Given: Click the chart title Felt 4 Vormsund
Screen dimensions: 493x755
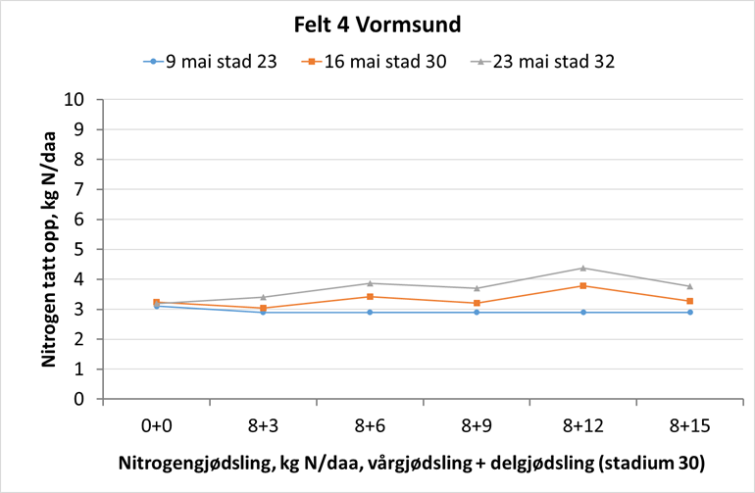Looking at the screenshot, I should click(x=377, y=23).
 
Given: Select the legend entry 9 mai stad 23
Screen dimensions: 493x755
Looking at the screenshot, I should click(x=222, y=62).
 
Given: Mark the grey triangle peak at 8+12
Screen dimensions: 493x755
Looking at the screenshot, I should click(x=583, y=268).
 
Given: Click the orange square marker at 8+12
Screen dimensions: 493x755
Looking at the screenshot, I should click(x=583, y=286).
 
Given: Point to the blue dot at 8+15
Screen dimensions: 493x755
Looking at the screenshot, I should click(x=690, y=312).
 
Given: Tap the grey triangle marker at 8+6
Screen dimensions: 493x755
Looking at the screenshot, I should click(x=370, y=283).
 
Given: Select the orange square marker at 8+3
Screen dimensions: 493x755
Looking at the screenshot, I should click(x=263, y=308).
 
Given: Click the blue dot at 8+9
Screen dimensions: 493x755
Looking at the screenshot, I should click(x=477, y=312).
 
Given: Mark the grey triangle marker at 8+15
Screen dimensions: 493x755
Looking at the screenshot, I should click(x=690, y=286).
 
